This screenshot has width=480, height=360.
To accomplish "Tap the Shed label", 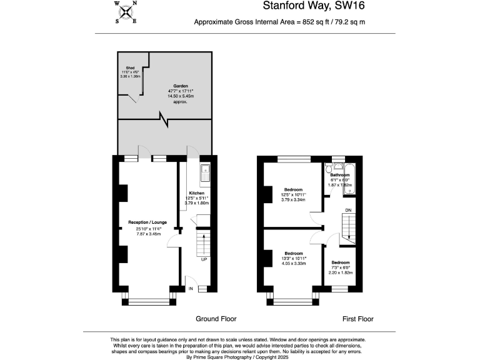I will coord(130,67).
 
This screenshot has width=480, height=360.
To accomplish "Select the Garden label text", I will coord(181,86).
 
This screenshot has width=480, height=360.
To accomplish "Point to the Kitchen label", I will coord(197,193).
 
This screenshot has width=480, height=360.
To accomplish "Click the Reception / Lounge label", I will coord(148,222).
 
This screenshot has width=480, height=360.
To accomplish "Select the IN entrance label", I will coord(191,289).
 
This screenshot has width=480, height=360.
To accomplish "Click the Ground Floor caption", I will coord(216,319).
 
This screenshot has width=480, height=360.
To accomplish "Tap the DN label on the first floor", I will coord(348,209).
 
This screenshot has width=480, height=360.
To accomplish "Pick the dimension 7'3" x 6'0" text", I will coord(341,267).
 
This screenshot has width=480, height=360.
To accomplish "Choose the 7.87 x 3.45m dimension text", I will coord(148,232).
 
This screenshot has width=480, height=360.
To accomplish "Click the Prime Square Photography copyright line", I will coord(239,357).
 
